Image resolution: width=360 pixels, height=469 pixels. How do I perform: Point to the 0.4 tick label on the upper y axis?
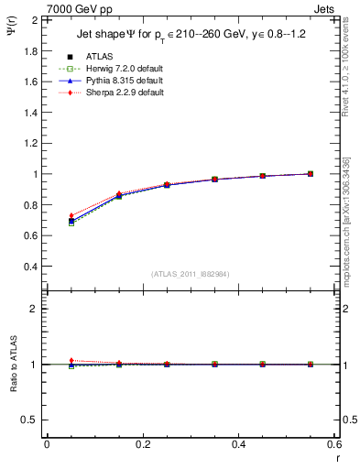(x=29, y=267)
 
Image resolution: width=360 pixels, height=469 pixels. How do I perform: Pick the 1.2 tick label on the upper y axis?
(x=29, y=143)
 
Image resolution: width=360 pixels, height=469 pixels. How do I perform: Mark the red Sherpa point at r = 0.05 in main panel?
(x=72, y=215)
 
